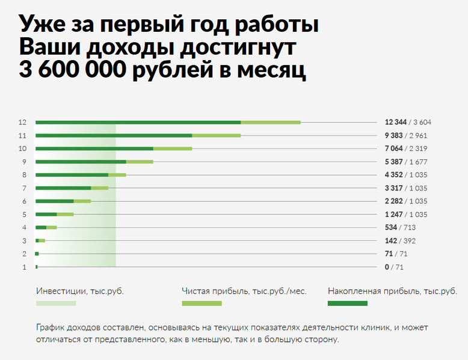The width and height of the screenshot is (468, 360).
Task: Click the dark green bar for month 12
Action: click(138, 122)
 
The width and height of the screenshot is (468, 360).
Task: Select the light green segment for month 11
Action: click(216, 135)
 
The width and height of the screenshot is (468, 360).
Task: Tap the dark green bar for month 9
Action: click(81, 162)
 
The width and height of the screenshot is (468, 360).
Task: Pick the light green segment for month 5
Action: click(65, 214)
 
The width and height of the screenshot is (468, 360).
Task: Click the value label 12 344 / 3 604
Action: click(408, 122)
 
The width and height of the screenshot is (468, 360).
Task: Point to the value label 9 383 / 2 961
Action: click(406, 135)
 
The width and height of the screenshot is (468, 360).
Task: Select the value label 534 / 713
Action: click(400, 227)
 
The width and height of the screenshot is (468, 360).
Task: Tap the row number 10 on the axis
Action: click(22, 148)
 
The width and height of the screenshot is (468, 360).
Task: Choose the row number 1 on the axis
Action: click(24, 267)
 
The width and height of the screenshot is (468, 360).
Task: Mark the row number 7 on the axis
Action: click(24, 188)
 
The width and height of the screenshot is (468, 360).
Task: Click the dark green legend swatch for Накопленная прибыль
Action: click(347, 303)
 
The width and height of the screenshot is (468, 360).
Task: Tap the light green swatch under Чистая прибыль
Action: click(202, 303)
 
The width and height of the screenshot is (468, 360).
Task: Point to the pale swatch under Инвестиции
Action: click(56, 303)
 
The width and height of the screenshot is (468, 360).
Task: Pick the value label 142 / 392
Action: click(400, 240)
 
